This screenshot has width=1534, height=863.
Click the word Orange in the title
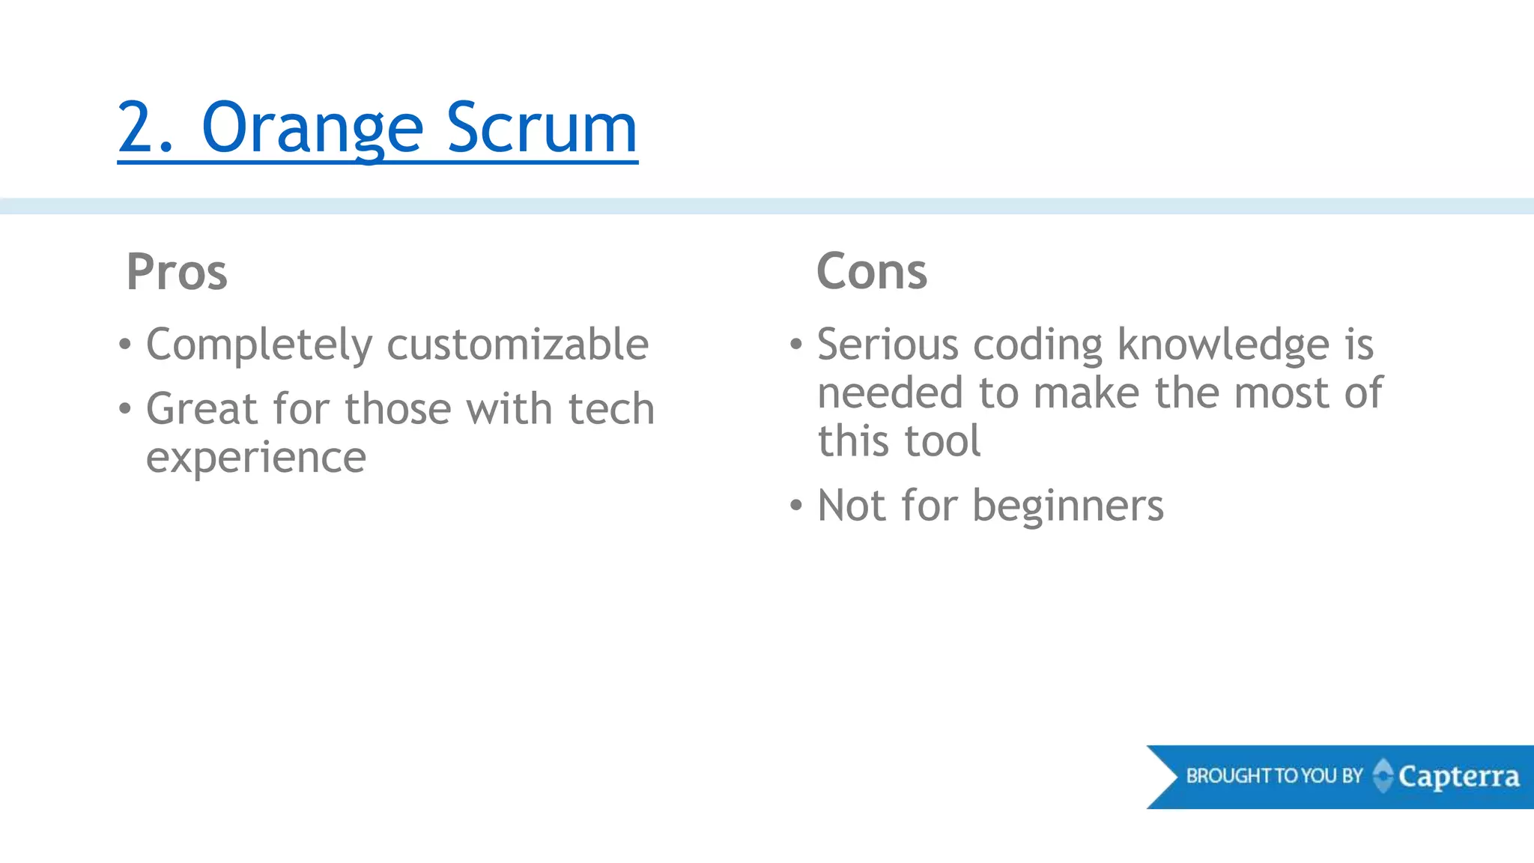[312, 129]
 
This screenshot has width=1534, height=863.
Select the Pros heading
[177, 271]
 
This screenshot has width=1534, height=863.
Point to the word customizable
[518, 345]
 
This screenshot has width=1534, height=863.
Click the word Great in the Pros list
[201, 409]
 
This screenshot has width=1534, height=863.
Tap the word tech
[611, 409]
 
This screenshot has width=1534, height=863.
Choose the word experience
[256, 458]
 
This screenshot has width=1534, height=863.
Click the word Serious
[888, 345]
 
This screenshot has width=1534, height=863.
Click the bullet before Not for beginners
[795, 506]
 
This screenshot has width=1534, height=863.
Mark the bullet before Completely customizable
[125, 345]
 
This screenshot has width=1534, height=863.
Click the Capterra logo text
[1458, 777]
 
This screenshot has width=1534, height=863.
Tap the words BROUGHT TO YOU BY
[1274, 776]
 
